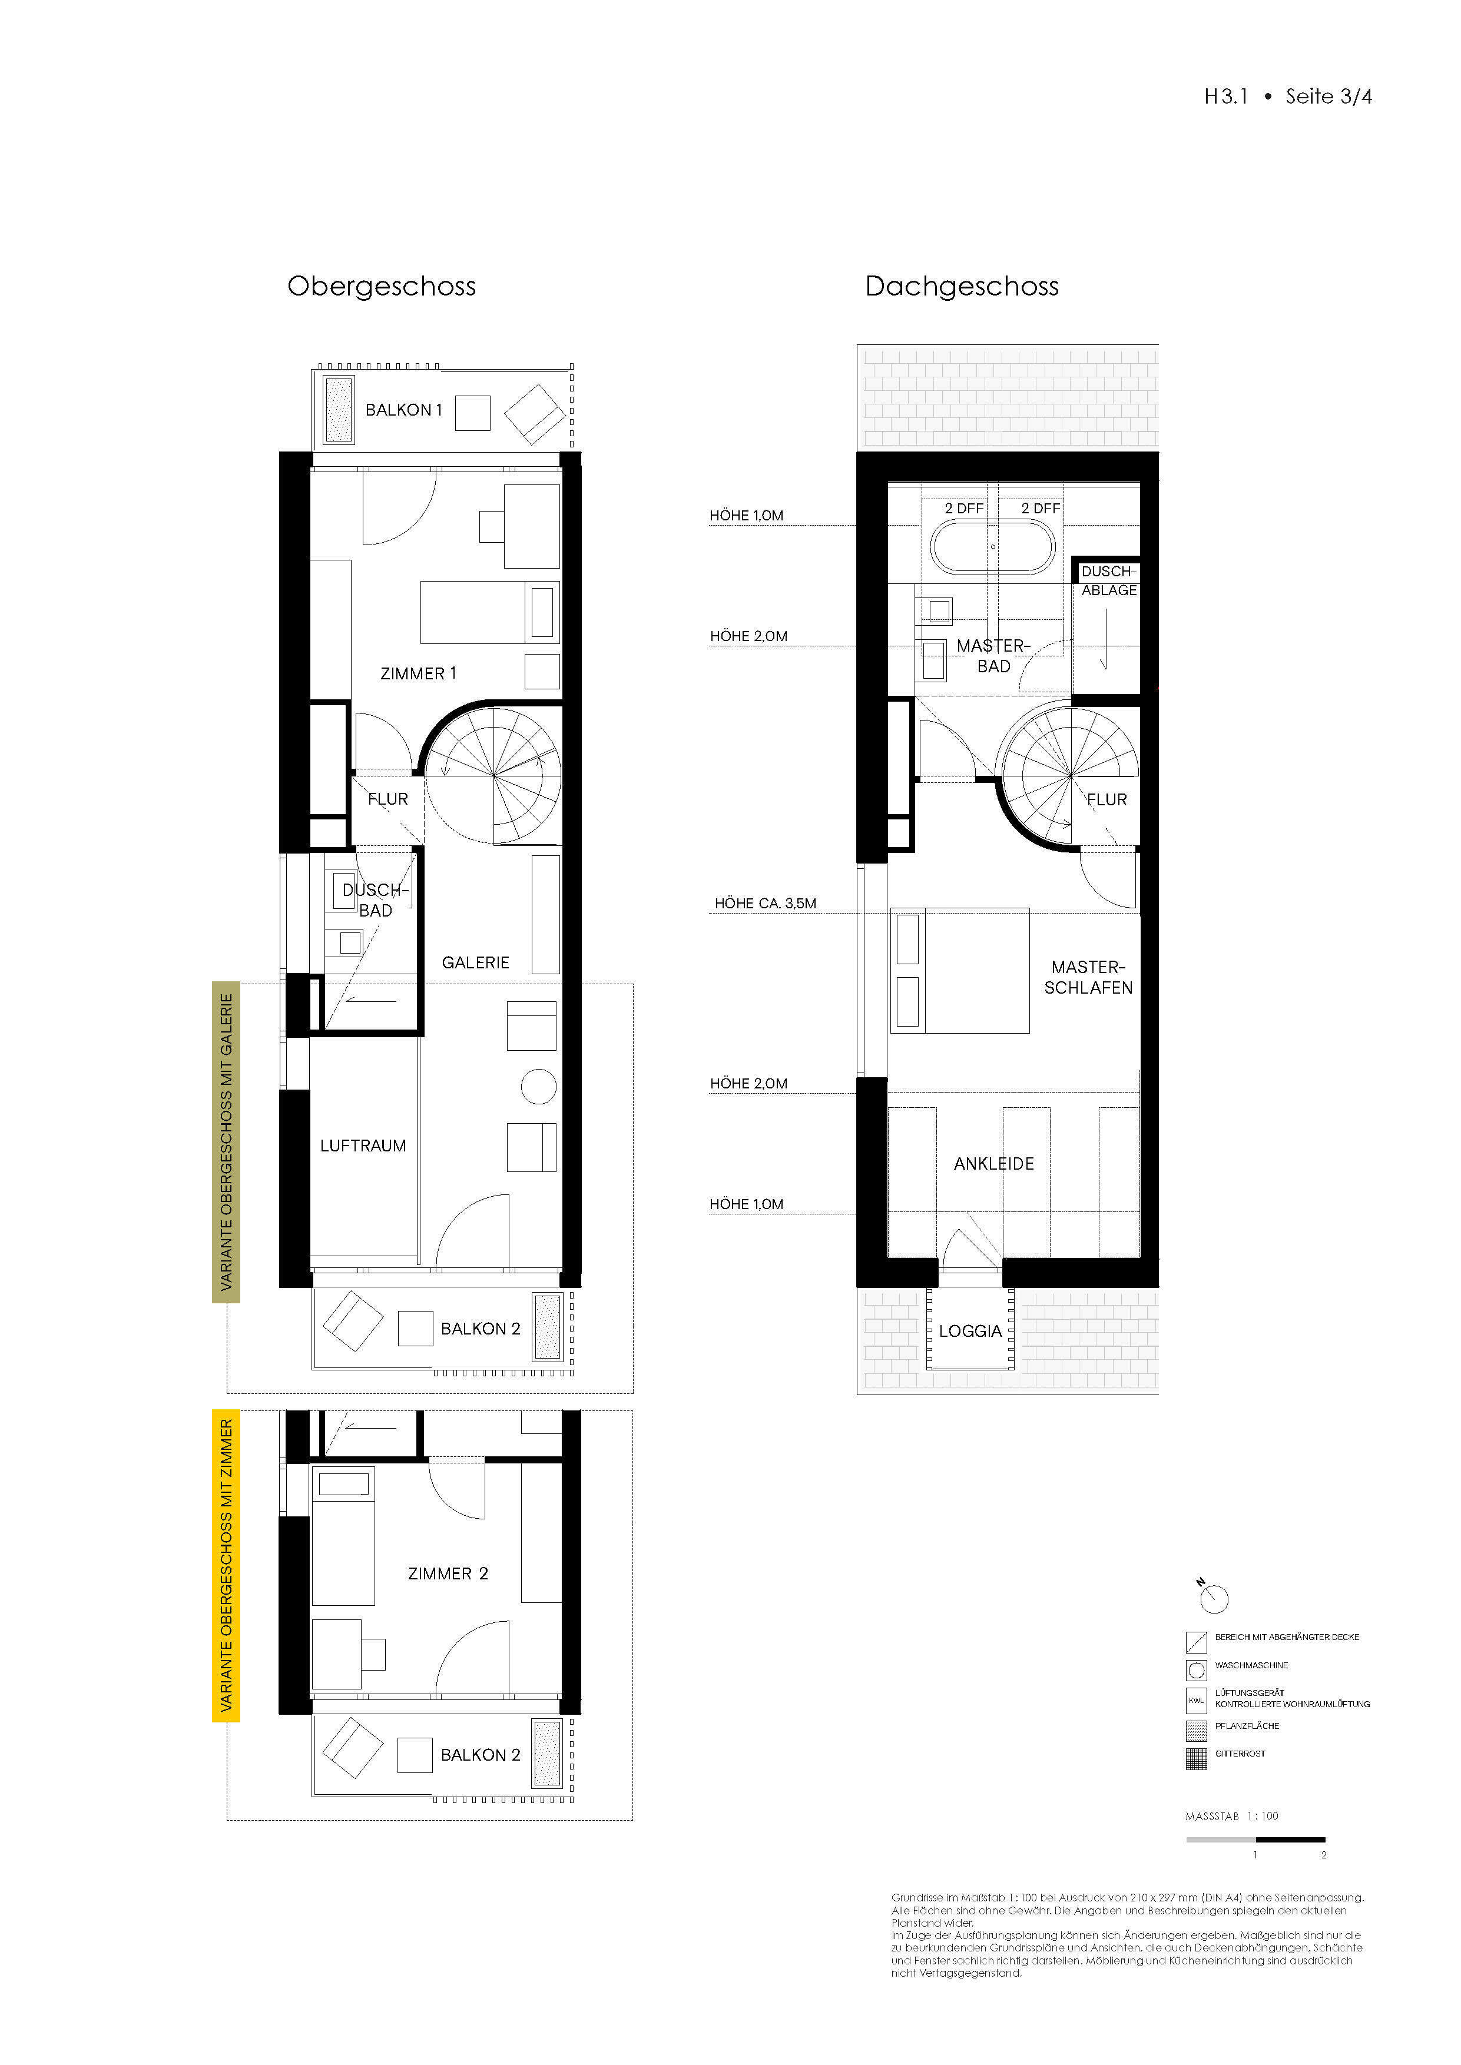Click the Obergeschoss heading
(x=382, y=286)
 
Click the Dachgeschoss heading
(x=961, y=286)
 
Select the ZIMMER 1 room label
(x=418, y=673)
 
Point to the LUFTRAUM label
(x=363, y=1146)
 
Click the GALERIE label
(x=475, y=962)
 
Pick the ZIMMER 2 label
(x=447, y=1574)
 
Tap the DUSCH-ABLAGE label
(x=1108, y=581)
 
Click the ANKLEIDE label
(x=993, y=1164)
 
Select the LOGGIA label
(x=970, y=1331)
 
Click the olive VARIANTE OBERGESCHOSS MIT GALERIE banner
(x=226, y=1141)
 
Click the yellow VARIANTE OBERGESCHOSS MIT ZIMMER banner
(x=226, y=1566)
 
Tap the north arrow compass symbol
(x=1214, y=1598)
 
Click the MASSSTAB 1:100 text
(x=1231, y=1816)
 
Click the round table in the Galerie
(x=538, y=1087)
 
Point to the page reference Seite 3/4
(x=1328, y=96)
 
